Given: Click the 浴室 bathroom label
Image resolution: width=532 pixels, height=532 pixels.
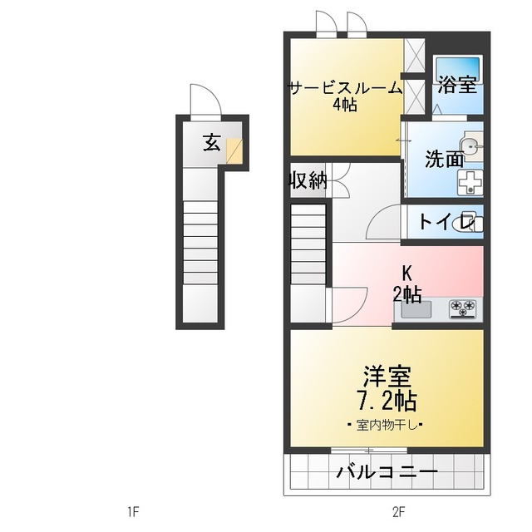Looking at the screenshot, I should pyautogui.click(x=457, y=84).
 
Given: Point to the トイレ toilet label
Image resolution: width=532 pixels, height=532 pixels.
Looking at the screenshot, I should pyautogui.click(x=441, y=222).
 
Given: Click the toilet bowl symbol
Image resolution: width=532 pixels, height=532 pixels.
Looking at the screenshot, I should pyautogui.click(x=472, y=223).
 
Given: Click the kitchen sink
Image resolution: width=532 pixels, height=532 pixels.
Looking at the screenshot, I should pyautogui.click(x=416, y=309).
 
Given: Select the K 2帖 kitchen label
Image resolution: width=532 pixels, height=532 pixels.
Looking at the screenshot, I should pyautogui.click(x=407, y=283).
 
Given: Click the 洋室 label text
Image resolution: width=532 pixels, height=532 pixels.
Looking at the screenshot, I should pyautogui.click(x=386, y=377).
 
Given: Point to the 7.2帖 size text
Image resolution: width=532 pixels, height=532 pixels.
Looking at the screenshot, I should pyautogui.click(x=386, y=401).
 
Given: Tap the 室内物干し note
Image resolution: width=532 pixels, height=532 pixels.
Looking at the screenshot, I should pyautogui.click(x=386, y=426).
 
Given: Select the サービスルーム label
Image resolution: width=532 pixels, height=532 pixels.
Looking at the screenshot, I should pyautogui.click(x=345, y=87).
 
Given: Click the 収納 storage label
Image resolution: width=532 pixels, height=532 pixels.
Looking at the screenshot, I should pyautogui.click(x=307, y=180).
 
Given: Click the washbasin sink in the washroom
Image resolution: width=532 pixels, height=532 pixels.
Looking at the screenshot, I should pyautogui.click(x=472, y=147).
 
